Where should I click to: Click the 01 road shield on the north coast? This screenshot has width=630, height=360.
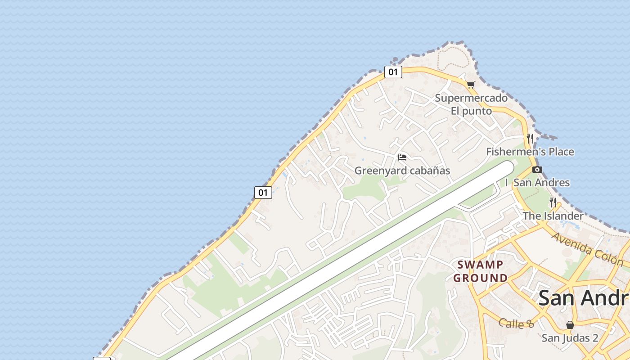(393, 72)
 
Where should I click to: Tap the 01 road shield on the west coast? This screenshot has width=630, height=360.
(263, 193)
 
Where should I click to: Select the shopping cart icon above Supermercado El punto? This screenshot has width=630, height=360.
(471, 85)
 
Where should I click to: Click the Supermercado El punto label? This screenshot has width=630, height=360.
(471, 104)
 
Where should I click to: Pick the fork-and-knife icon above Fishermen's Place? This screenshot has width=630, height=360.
(530, 138)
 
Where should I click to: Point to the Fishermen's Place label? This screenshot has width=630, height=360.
(530, 152)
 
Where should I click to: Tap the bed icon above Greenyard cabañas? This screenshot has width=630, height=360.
(402, 157)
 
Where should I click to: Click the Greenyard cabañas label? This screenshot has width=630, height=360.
(402, 171)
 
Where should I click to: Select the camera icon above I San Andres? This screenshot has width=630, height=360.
(537, 170)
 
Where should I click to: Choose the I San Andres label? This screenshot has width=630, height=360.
(537, 183)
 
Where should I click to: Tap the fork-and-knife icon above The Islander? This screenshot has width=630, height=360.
(553, 202)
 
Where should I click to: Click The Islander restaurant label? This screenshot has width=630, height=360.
(553, 216)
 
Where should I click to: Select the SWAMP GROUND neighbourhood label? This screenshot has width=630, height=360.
(481, 271)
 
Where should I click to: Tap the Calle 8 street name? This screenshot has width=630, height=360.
(516, 323)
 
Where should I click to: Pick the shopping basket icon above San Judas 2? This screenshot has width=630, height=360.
(570, 324)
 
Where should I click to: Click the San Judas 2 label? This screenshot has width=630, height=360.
(570, 338)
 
